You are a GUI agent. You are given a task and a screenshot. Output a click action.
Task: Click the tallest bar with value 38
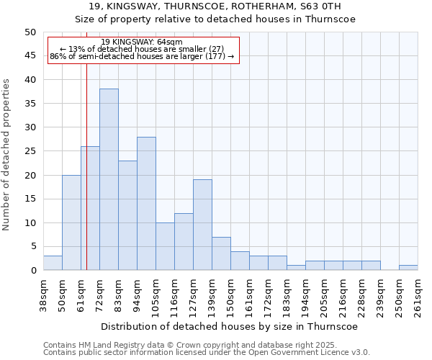pos(109,179)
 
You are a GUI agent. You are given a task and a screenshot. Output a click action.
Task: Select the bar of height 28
pos(146,203)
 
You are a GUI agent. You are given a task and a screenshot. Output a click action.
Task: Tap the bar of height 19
pos(202,225)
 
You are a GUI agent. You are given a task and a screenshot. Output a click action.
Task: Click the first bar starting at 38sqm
pos(53,263)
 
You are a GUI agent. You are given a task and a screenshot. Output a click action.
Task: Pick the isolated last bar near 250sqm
pos(408,268)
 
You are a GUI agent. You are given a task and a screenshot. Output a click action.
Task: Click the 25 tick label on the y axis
pos(30,151)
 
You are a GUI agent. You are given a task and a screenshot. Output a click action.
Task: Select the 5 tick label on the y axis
pos(32,246)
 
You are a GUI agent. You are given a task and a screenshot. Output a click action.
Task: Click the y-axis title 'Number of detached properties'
pos(7,155)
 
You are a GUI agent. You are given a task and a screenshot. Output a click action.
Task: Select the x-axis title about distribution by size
pos(230,326)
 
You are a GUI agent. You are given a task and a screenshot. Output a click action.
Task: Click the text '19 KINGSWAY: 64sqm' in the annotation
pos(142,42)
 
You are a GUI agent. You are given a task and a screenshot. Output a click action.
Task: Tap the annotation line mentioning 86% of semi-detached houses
pos(142,56)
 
